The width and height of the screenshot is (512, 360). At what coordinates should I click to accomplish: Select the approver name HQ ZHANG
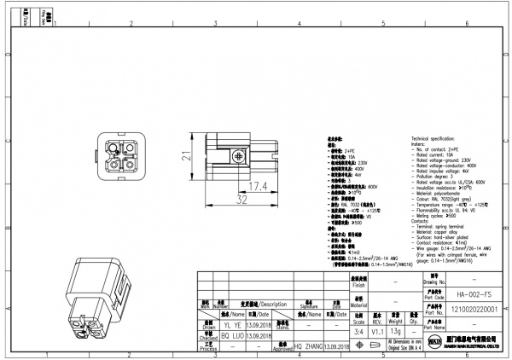[x=310, y=347]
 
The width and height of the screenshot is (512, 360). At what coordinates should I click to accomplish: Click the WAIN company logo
[x=431, y=344]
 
